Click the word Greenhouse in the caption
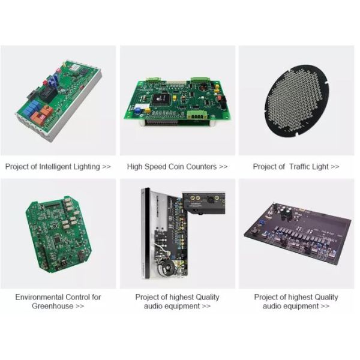tap(53, 306)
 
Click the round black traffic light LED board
tap(296, 101)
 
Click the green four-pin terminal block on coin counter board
tap(197, 115)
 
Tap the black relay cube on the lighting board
tap(48, 94)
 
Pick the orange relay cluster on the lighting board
tap(41, 115)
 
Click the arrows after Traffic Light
tap(335, 167)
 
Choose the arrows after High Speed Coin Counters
tap(223, 167)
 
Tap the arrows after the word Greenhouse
tap(80, 306)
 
